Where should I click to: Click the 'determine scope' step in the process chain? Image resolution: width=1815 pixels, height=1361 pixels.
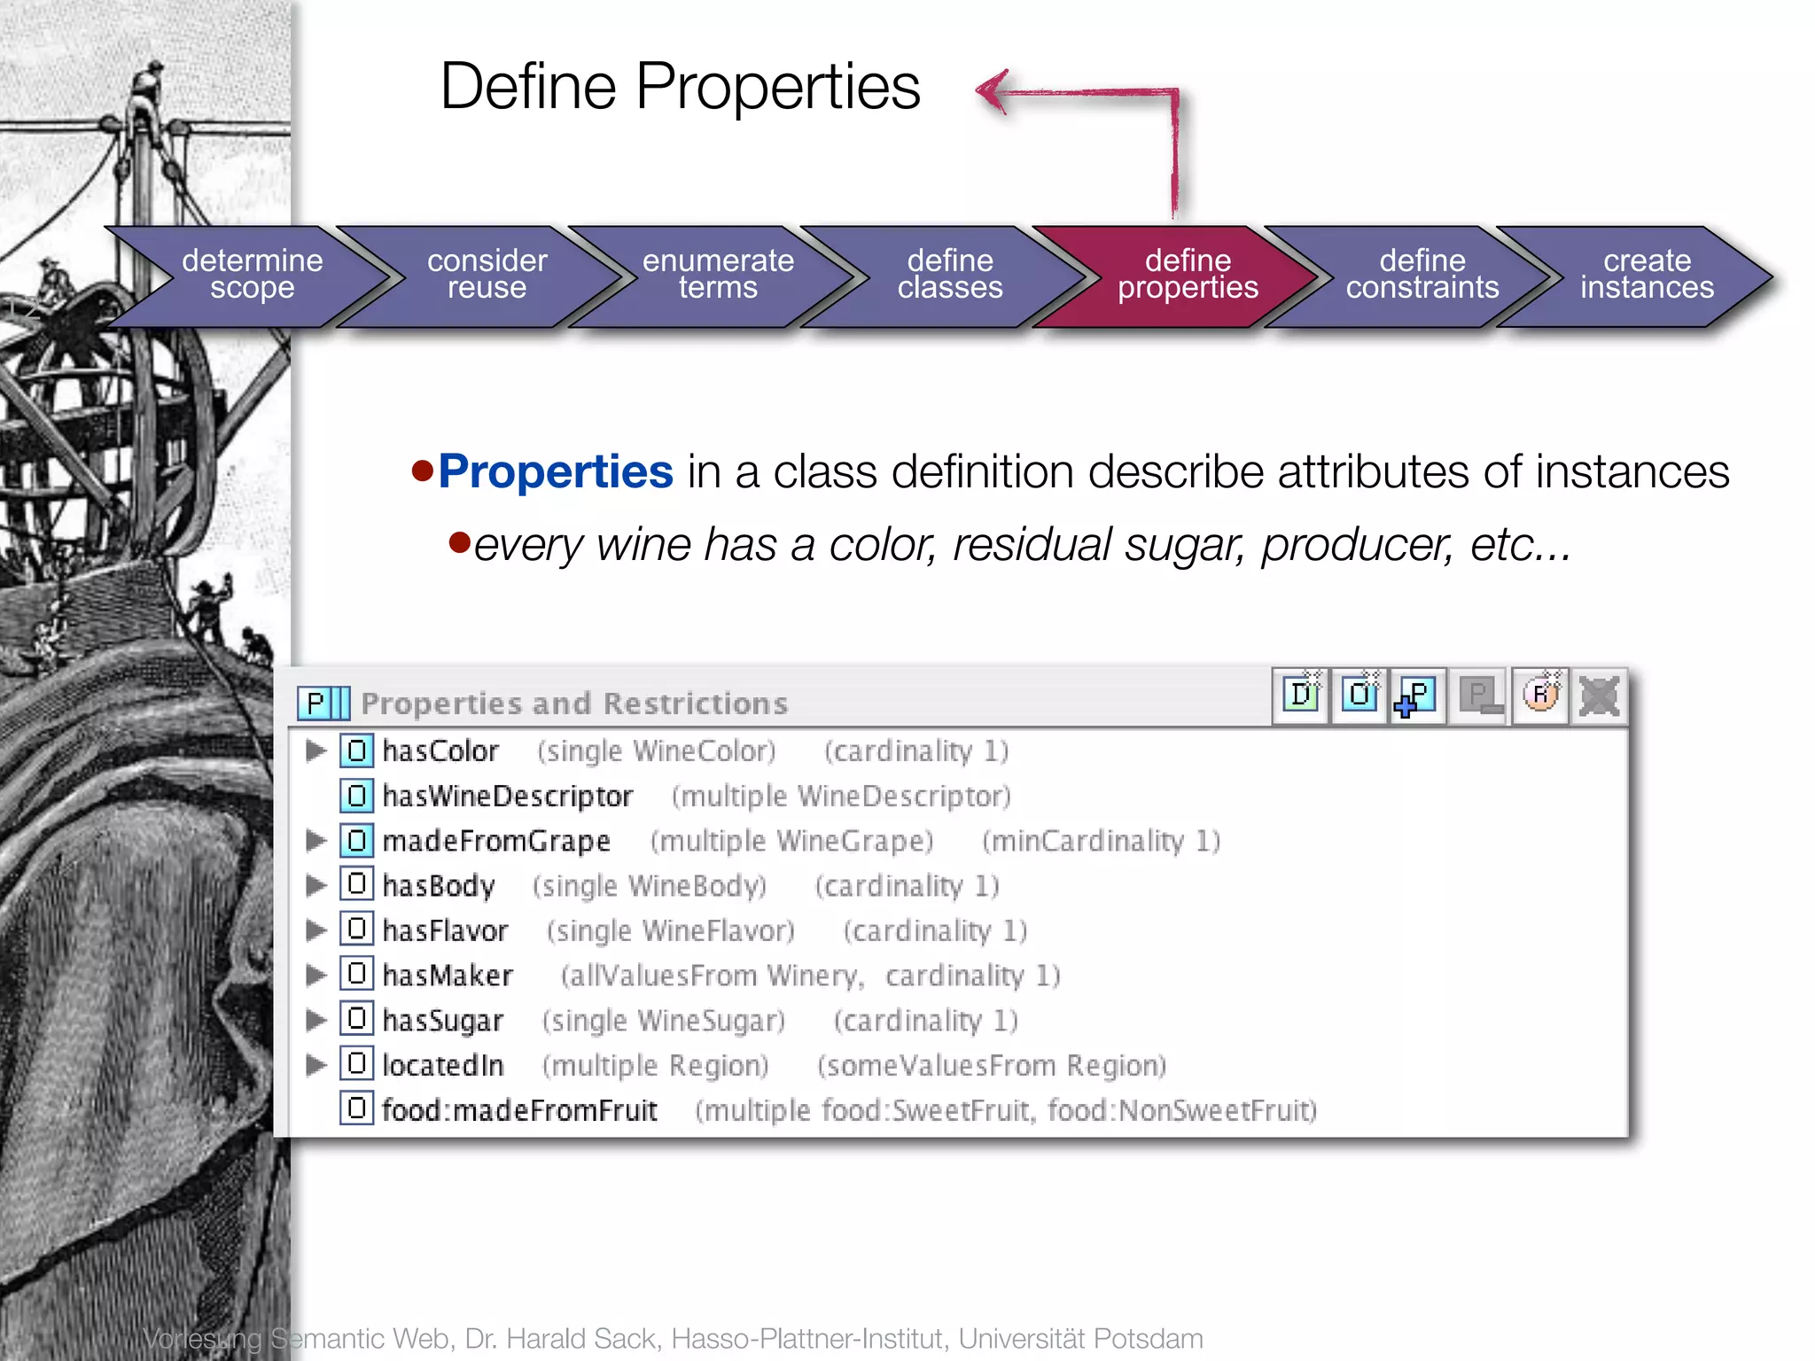[x=252, y=275]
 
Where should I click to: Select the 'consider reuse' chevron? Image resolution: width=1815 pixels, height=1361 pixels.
[x=487, y=275]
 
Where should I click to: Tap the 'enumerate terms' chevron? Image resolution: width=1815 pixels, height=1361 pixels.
[x=718, y=275]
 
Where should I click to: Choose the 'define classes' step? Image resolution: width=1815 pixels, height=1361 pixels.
[x=950, y=275]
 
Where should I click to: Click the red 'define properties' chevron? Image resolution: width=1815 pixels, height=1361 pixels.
[x=1188, y=275]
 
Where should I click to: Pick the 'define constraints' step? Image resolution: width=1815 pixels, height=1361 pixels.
[x=1422, y=275]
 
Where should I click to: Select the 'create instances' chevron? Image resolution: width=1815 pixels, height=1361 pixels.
[x=1647, y=275]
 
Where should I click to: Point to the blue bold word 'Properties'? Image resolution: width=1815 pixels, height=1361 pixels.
[x=556, y=471]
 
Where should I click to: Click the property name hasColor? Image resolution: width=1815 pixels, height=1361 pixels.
[x=440, y=751]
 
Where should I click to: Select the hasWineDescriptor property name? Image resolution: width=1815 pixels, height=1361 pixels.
[x=507, y=797]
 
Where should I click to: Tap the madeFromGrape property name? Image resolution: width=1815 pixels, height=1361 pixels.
[x=496, y=841]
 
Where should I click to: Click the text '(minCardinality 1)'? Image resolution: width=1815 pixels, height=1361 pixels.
[x=1101, y=841]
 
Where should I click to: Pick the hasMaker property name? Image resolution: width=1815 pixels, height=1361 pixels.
[x=448, y=976]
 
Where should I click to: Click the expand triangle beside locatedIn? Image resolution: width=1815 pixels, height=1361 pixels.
[x=315, y=1064]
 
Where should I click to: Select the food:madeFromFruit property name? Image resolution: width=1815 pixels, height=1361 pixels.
[x=519, y=1110]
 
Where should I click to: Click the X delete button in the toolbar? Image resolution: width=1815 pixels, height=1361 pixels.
[x=1599, y=696]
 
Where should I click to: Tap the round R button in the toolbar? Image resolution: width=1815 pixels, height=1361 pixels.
[x=1540, y=696]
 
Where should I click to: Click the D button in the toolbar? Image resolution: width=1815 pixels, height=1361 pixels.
[x=1301, y=696]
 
